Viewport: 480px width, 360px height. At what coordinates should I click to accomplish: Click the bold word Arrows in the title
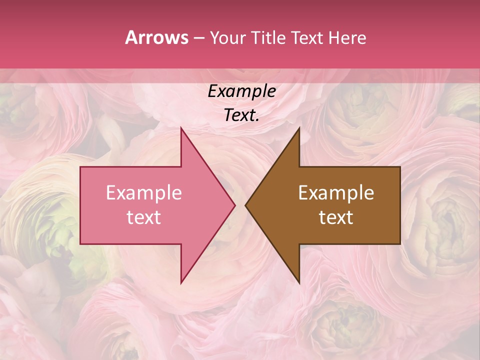click(x=156, y=37)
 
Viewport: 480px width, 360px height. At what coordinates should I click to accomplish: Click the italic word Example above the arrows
click(x=241, y=91)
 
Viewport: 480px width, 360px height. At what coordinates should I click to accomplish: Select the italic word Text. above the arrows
click(x=241, y=115)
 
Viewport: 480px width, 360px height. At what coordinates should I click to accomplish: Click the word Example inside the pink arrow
click(x=143, y=193)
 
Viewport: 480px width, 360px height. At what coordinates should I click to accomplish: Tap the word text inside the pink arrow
click(x=143, y=217)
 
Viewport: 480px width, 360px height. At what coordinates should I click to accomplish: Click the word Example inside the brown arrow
click(x=336, y=193)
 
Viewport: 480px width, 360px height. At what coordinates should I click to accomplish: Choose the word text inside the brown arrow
click(x=336, y=217)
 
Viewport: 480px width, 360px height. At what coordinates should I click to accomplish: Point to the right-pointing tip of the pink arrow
click(x=235, y=205)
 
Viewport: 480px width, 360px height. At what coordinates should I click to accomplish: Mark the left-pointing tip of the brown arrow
click(x=245, y=205)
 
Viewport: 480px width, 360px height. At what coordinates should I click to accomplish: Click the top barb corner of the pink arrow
click(x=181, y=128)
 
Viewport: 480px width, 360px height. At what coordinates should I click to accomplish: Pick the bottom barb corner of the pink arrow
click(x=181, y=283)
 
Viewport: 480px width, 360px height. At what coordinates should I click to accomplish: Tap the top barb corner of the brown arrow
click(x=299, y=128)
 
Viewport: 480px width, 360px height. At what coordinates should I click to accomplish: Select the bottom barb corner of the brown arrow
click(x=299, y=283)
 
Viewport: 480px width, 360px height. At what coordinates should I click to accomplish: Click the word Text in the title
click(x=307, y=38)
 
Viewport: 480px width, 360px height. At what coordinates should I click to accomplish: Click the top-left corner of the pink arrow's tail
click(x=80, y=167)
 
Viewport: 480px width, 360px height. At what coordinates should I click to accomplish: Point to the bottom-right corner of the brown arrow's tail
click(x=400, y=244)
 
